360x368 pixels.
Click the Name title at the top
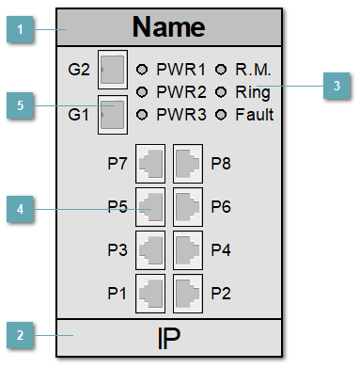168,27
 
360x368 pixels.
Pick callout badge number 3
337,87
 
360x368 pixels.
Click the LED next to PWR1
143,70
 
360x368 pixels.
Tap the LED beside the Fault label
222,115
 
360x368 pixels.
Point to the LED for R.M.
222,70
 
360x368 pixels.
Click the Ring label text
253,92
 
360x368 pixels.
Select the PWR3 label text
179,115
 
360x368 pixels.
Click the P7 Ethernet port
150,163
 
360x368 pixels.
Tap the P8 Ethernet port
188,163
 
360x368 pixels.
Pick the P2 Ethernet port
188,294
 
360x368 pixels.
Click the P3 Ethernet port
150,250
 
